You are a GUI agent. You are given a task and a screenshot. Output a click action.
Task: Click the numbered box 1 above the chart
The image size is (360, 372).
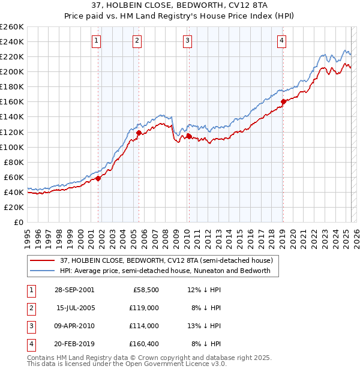coord(96,41)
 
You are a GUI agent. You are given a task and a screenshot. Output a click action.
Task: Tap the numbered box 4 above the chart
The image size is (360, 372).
coord(281,41)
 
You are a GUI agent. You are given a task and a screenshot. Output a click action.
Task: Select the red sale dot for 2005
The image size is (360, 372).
coord(139,133)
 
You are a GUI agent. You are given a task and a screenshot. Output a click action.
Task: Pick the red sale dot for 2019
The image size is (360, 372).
coord(283,101)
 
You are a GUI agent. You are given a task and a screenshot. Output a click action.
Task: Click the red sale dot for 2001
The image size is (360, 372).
coord(98,178)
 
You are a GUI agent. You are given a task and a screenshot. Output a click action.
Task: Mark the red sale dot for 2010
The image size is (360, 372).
coord(189,136)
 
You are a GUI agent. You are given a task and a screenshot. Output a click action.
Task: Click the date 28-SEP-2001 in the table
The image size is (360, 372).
coord(74,289)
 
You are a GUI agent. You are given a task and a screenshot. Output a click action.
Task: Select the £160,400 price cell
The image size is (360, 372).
coord(144,344)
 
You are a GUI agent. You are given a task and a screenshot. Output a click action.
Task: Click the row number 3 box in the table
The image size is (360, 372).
coord(29,326)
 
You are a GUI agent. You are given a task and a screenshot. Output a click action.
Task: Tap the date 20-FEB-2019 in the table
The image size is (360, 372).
coord(74,344)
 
